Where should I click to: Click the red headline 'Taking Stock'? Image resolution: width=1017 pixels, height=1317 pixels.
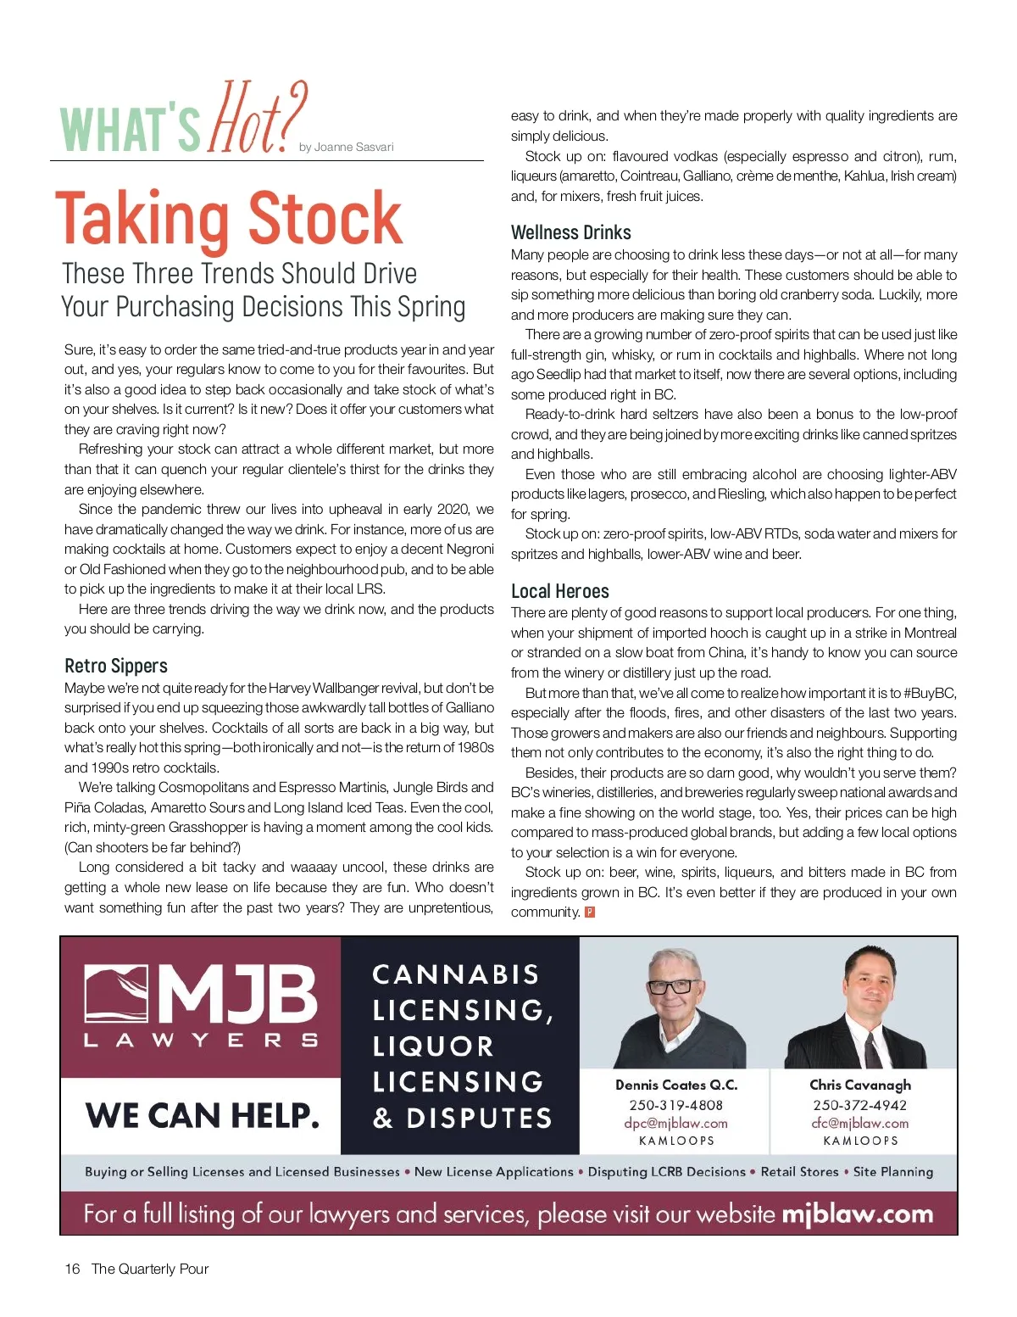pos(229,219)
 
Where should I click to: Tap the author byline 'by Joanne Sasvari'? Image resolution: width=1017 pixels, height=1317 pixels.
pos(346,148)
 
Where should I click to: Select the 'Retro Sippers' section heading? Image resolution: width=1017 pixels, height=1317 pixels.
pos(116,666)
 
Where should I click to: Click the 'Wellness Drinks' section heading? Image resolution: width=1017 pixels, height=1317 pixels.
pos(570,232)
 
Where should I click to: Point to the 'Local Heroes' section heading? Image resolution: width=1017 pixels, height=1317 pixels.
pos(559,591)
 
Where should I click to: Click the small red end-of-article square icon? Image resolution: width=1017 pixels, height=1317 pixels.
pos(590,912)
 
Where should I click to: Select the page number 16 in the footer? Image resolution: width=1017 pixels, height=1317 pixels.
pos(72,1269)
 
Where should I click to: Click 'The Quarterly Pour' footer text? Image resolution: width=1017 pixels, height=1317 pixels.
pos(150,1269)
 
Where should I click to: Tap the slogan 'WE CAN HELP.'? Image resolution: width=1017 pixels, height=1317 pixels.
pos(202,1116)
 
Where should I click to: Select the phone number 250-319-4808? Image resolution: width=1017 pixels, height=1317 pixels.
pos(675,1105)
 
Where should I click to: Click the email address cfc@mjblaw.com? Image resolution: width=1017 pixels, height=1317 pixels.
pos(859,1123)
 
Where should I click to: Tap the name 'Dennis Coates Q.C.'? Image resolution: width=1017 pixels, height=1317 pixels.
pos(675,1085)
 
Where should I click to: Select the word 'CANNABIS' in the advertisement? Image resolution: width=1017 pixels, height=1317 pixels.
pos(455,974)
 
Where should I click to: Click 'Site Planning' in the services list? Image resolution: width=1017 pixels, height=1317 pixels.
pos(892,1172)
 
